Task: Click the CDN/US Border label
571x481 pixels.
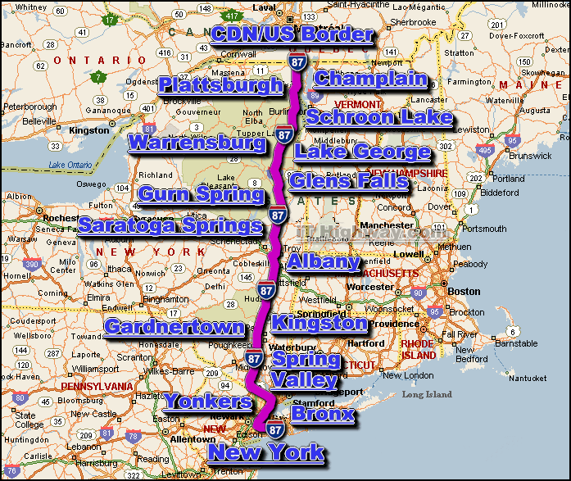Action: click(x=292, y=34)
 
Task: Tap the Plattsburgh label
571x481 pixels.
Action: click(x=220, y=85)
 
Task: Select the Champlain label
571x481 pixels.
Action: click(x=370, y=79)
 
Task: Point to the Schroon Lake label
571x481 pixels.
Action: click(x=378, y=117)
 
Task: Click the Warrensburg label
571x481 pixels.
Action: click(x=197, y=144)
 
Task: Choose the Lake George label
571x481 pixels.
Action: click(x=362, y=152)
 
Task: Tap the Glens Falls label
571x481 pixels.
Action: click(x=348, y=181)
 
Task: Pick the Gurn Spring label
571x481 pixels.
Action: click(x=202, y=194)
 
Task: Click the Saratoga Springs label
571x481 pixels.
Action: click(x=170, y=225)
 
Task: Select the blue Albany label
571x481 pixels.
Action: click(x=323, y=262)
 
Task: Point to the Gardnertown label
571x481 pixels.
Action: click(x=174, y=327)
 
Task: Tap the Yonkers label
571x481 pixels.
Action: click(x=208, y=402)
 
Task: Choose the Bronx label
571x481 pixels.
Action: click(x=323, y=415)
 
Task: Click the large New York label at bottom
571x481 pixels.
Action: click(x=266, y=452)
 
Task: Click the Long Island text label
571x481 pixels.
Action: click(x=427, y=395)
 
